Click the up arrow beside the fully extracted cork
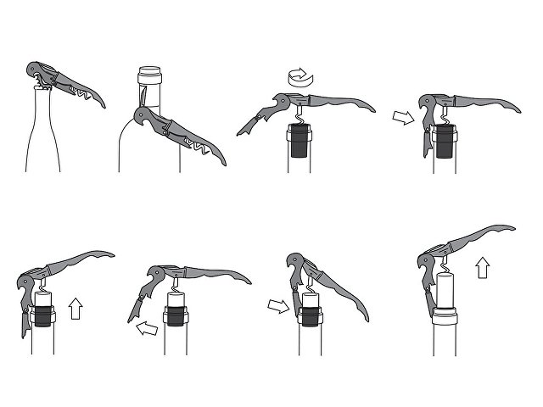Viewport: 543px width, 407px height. (482, 270)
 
